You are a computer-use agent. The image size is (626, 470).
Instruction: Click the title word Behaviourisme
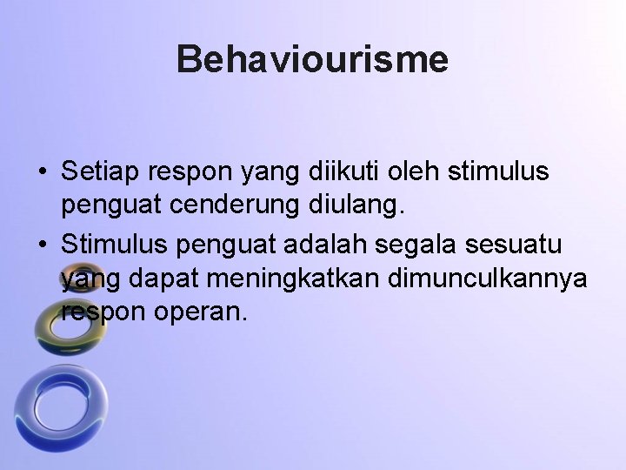pyautogui.click(x=312, y=60)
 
